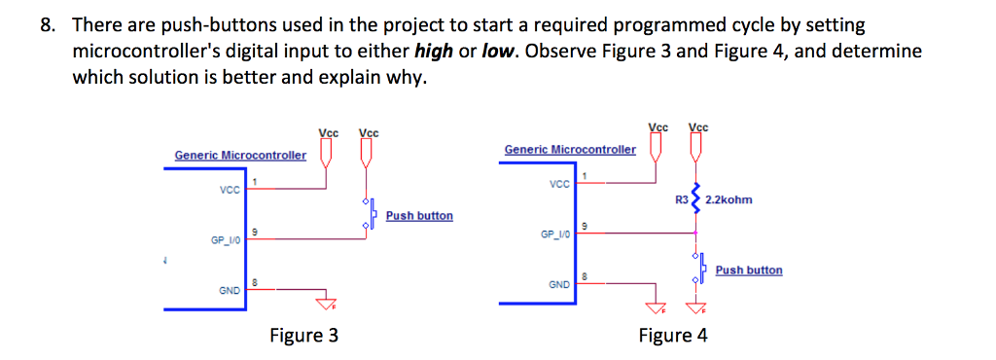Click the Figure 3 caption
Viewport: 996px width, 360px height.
[x=304, y=337]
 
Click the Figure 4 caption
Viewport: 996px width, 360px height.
[x=673, y=337]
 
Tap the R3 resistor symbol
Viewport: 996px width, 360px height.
[x=695, y=198]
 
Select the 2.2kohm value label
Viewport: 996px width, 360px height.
[x=729, y=199]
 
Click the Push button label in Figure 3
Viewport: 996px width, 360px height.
[x=418, y=215]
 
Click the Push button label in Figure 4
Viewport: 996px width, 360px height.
[x=748, y=270]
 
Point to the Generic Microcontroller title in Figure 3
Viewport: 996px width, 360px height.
[x=240, y=155]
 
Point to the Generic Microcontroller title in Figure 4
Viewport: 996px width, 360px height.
[x=570, y=149]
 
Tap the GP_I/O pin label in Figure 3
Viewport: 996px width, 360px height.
[x=225, y=239]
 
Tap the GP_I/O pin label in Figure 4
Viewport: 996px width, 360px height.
[x=554, y=234]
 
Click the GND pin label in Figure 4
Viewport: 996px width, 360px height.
[x=558, y=285]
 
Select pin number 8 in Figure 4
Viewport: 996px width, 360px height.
[x=584, y=277]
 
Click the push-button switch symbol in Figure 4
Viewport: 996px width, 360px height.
[x=697, y=269]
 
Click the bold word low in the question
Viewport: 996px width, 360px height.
[x=497, y=51]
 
